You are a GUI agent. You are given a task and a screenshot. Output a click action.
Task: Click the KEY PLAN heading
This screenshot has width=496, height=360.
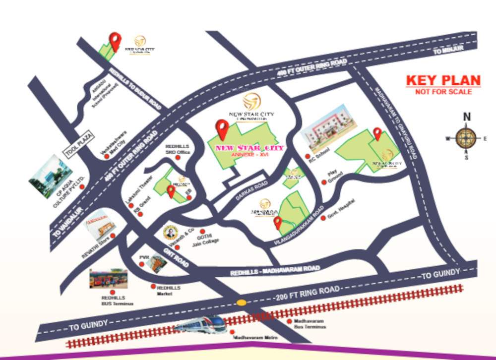tap(443, 80)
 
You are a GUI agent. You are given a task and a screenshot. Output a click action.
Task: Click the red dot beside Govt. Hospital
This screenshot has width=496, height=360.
tap(323, 217)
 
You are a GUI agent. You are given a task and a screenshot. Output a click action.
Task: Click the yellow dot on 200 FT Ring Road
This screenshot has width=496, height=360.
tap(241, 302)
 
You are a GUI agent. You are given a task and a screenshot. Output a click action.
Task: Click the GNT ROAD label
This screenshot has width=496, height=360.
tap(176, 257)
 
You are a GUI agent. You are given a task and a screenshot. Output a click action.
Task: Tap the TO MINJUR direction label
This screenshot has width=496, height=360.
tap(448, 50)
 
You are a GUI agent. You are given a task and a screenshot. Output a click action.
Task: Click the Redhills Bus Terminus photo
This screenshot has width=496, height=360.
tap(108, 279)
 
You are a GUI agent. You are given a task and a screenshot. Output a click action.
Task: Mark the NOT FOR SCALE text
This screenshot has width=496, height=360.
tap(443, 92)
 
